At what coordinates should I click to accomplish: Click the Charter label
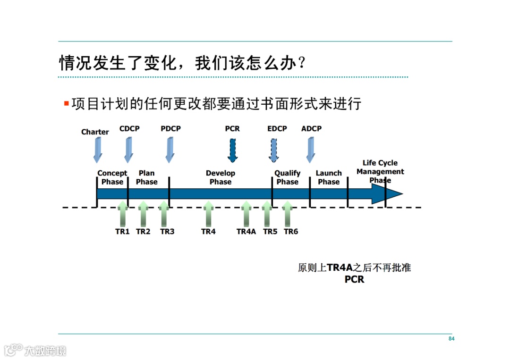(x=95, y=132)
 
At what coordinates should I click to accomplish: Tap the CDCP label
(x=129, y=129)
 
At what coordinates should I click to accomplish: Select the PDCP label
(x=170, y=129)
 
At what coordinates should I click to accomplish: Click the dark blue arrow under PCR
(x=232, y=150)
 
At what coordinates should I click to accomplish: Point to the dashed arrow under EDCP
(x=274, y=150)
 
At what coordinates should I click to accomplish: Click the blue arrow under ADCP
(x=310, y=150)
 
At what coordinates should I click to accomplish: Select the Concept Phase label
(x=112, y=177)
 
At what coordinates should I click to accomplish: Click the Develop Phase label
(x=221, y=177)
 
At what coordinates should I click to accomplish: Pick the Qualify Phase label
(x=288, y=177)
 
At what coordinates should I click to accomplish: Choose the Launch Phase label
(x=329, y=177)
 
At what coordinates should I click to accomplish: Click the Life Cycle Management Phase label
(x=380, y=171)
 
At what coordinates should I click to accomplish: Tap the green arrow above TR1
(x=122, y=213)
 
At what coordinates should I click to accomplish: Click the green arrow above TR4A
(x=246, y=213)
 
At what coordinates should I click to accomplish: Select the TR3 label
(x=167, y=232)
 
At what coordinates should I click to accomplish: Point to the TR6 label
(x=291, y=232)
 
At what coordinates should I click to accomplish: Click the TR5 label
(x=270, y=232)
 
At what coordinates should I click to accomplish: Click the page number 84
(x=451, y=339)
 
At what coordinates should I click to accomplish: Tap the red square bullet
(x=67, y=103)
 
